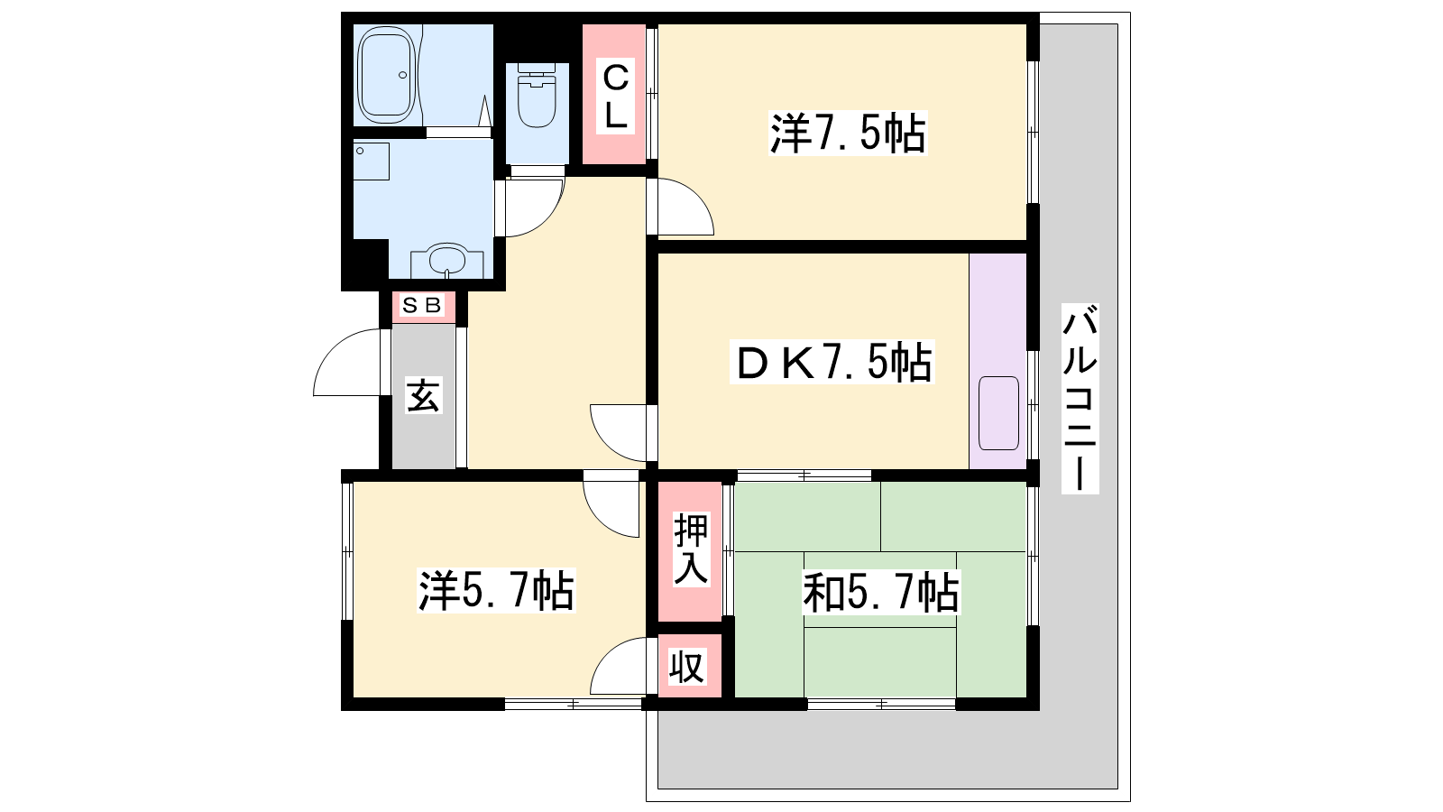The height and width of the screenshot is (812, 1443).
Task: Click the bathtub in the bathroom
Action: pyautogui.click(x=386, y=75)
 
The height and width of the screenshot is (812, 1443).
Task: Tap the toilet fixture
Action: pyautogui.click(x=537, y=96)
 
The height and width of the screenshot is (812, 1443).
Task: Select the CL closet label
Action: pyautogui.click(x=615, y=96)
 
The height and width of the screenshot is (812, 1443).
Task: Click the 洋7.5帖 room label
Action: pyautogui.click(x=848, y=134)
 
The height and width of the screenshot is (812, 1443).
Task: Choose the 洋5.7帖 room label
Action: pyautogui.click(x=496, y=590)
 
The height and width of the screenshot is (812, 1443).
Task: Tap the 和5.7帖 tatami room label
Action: pyautogui.click(x=880, y=592)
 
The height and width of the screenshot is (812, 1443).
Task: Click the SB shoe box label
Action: pyautogui.click(x=422, y=305)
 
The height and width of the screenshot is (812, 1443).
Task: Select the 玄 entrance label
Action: pyautogui.click(x=423, y=395)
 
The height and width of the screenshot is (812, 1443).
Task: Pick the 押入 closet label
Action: pyautogui.click(x=691, y=549)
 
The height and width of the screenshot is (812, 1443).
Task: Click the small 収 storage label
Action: pyautogui.click(x=686, y=667)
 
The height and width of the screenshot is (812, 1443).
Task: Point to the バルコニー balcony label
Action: pyautogui.click(x=1080, y=399)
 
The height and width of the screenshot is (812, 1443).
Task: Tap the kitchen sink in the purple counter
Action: pyautogui.click(x=998, y=413)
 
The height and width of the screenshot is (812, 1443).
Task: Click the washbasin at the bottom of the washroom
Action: pyautogui.click(x=447, y=261)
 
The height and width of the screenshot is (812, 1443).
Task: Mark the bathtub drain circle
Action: pyautogui.click(x=402, y=75)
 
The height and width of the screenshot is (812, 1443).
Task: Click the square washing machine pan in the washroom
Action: pyautogui.click(x=371, y=161)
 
